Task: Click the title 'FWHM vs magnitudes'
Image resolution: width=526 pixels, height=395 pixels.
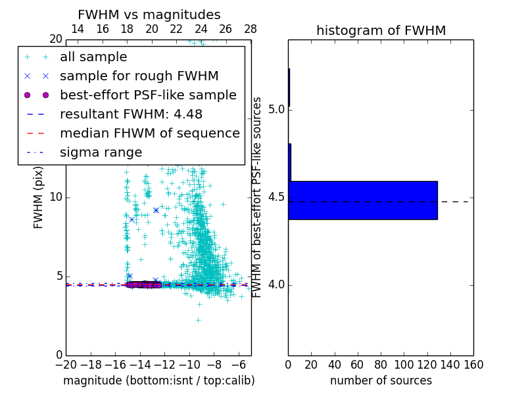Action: coord(149,15)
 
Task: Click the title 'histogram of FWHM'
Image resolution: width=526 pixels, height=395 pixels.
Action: coord(381,31)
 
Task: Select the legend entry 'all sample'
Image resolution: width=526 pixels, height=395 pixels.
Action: coord(93,57)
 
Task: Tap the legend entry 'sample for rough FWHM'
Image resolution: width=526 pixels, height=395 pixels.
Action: coord(139,76)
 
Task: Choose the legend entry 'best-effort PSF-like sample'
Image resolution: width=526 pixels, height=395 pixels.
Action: coord(148,95)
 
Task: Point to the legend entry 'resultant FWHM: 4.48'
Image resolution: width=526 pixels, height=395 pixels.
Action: coord(131,115)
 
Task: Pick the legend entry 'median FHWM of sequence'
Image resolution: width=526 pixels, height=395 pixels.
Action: coord(149,134)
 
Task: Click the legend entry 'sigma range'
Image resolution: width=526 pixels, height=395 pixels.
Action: coord(101,153)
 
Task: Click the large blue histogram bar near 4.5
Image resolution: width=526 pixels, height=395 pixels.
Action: coord(363,200)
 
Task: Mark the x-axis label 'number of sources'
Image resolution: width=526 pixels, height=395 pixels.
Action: coord(381,381)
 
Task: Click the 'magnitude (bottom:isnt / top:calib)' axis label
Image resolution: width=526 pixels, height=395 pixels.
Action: coord(158,381)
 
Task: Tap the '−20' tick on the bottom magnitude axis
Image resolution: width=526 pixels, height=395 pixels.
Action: coord(66,365)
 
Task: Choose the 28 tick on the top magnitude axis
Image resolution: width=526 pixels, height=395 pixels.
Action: coord(251,29)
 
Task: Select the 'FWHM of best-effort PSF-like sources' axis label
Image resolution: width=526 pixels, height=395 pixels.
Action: coord(258,197)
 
